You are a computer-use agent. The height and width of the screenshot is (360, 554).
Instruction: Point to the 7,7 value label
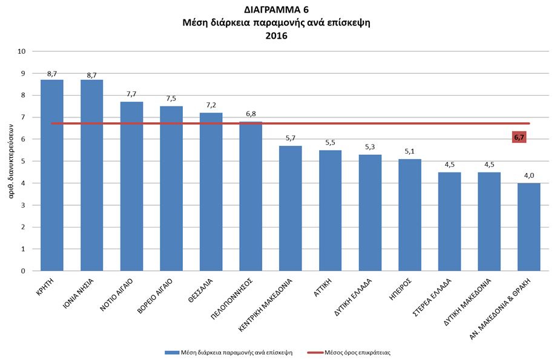(131, 94)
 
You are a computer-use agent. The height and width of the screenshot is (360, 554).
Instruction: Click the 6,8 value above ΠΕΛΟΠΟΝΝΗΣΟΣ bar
(251, 114)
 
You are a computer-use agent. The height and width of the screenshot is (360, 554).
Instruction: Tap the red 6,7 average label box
(519, 137)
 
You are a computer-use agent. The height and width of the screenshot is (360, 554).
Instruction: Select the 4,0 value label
(529, 175)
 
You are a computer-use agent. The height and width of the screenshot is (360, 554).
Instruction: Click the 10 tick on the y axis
(22, 51)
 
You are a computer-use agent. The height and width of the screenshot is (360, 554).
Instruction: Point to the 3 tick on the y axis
(23, 205)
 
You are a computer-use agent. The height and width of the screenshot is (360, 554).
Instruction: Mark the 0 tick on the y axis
(23, 271)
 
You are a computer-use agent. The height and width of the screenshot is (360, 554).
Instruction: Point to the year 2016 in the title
(276, 36)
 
